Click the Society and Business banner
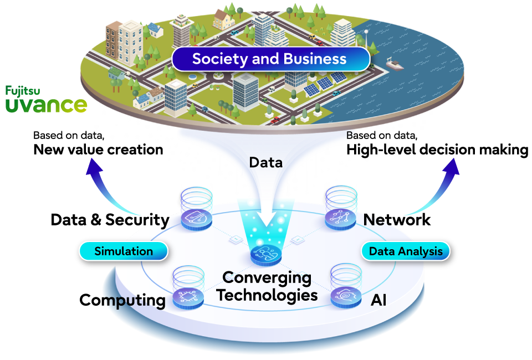point(270,59)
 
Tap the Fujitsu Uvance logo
point(46,99)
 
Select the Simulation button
point(124,251)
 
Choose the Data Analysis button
point(406,251)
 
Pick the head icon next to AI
point(346,297)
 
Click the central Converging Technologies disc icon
point(266,255)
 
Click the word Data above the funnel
point(266,162)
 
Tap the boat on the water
point(394,63)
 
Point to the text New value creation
point(99,150)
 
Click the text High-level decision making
point(437,150)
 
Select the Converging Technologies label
point(267,286)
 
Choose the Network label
point(397,220)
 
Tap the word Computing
point(122,300)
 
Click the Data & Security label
point(110,220)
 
